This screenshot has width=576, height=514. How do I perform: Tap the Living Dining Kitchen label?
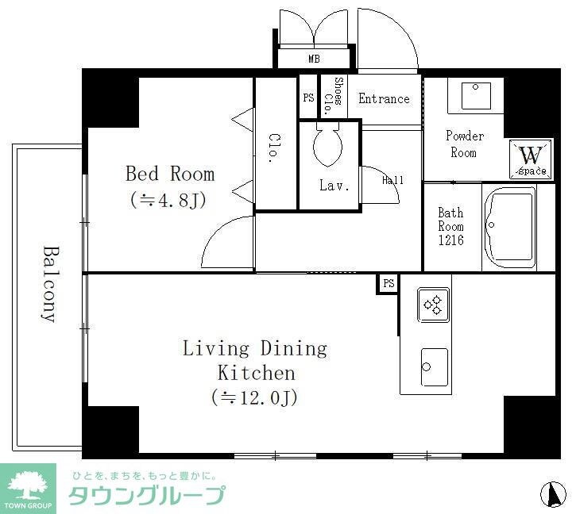254,372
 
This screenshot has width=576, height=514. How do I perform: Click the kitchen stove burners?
434,305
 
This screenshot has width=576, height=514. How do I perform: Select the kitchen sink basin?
434,366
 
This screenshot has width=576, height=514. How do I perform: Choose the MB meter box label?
315,59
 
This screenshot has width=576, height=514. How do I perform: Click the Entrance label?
384,99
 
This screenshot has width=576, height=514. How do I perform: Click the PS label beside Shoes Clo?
308,98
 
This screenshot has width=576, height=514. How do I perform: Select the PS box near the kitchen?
388,284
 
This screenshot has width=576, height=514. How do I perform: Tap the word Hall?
392,180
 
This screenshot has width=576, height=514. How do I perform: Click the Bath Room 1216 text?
450,226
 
